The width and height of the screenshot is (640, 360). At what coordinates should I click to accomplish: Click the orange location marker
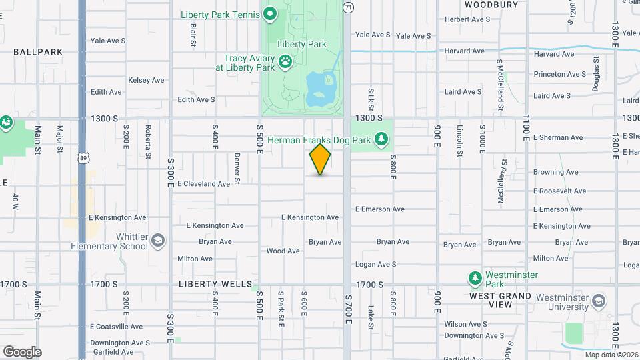[320, 160]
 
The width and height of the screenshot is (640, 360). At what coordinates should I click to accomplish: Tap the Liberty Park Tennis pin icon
[270, 13]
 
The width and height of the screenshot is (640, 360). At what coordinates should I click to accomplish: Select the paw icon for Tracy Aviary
[285, 62]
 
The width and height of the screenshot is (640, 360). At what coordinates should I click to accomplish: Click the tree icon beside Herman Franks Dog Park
[381, 139]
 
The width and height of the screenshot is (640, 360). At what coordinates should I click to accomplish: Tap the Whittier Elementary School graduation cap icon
[158, 240]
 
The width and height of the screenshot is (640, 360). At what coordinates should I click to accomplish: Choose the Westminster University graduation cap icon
[598, 301]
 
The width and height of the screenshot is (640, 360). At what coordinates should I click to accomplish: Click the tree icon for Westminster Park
[475, 277]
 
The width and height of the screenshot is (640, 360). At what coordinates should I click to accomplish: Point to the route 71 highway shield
[348, 7]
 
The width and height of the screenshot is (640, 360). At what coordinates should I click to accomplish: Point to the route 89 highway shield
[82, 157]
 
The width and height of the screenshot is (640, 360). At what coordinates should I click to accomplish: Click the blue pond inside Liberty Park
[319, 90]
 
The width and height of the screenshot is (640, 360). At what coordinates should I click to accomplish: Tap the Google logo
[22, 352]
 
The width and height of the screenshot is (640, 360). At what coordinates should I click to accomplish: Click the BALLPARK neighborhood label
[38, 51]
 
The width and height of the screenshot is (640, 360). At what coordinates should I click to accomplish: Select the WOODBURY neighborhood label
[491, 5]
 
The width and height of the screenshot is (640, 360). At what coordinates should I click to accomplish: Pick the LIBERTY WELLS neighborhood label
[208, 284]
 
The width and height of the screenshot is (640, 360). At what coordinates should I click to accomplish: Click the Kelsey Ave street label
[146, 80]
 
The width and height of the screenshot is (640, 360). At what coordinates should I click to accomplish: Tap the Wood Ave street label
[283, 251]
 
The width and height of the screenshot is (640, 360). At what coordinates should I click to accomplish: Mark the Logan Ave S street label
[376, 265]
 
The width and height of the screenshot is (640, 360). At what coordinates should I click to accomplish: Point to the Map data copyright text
[611, 355]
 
